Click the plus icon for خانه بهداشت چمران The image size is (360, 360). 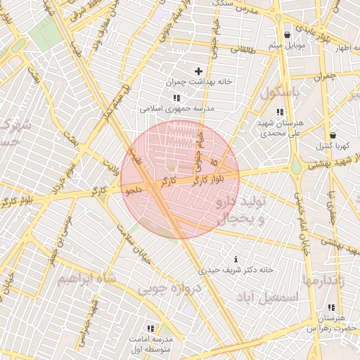(x=198, y=71)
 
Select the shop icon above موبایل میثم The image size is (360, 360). (x=287, y=35)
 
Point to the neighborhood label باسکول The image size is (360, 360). (x=281, y=91)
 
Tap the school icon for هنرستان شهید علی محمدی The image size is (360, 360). (x=280, y=112)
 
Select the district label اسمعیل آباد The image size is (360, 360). (x=268, y=297)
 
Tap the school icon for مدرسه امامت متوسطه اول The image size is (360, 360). (x=150, y=328)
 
